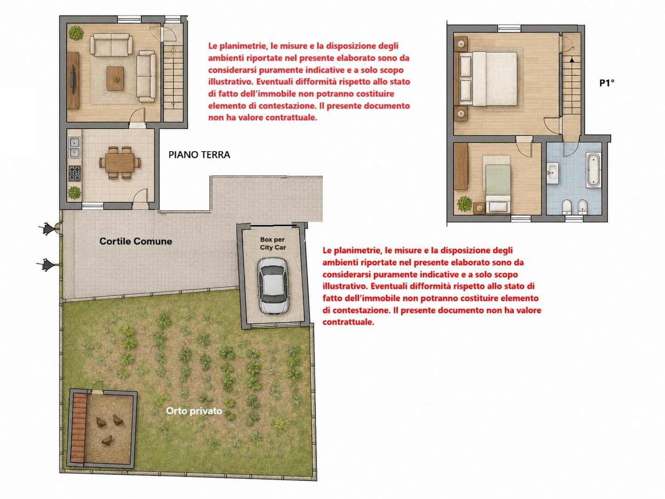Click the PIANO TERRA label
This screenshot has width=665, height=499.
click(199, 155)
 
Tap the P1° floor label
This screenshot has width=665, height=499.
click(607, 83)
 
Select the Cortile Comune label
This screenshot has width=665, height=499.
click(136, 241)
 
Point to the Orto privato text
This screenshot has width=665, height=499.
click(194, 411)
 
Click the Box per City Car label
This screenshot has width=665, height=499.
click(273, 243)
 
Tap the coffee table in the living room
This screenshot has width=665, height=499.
click(115, 79)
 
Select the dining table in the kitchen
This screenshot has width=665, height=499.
click(120, 162)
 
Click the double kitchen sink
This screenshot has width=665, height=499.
click(74, 147)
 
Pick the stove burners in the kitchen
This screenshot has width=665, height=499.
click(74, 173)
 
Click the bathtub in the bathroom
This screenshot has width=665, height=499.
click(593, 170)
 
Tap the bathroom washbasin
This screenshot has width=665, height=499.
click(553, 173)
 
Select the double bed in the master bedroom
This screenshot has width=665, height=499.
click(488, 79)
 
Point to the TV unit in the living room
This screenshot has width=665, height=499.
click(73, 80)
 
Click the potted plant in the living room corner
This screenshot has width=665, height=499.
click(76, 33)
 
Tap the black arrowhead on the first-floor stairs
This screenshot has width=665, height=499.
click(571, 60)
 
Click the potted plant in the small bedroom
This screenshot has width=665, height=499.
click(464, 204)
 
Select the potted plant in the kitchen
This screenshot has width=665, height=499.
click(74, 193)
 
